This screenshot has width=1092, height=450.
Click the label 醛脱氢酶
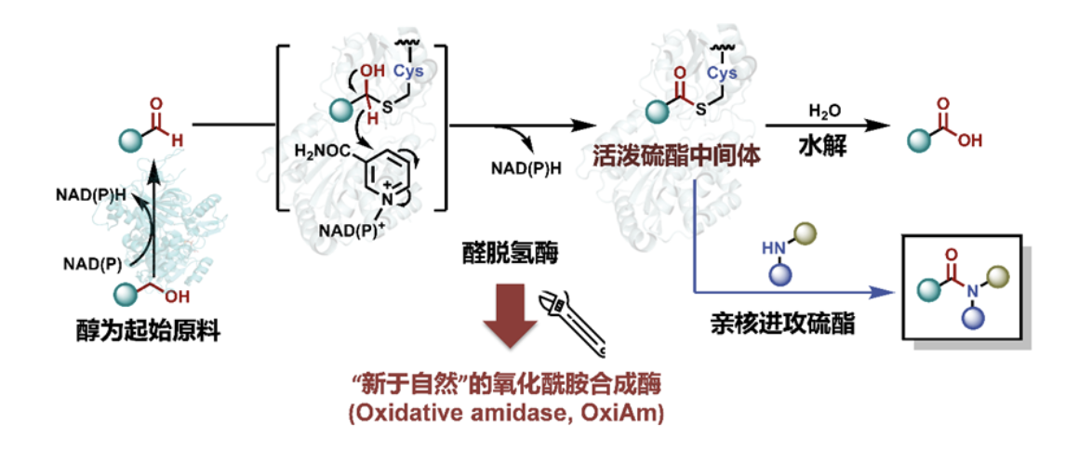[503, 253]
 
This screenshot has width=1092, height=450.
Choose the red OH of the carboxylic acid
[970, 140]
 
